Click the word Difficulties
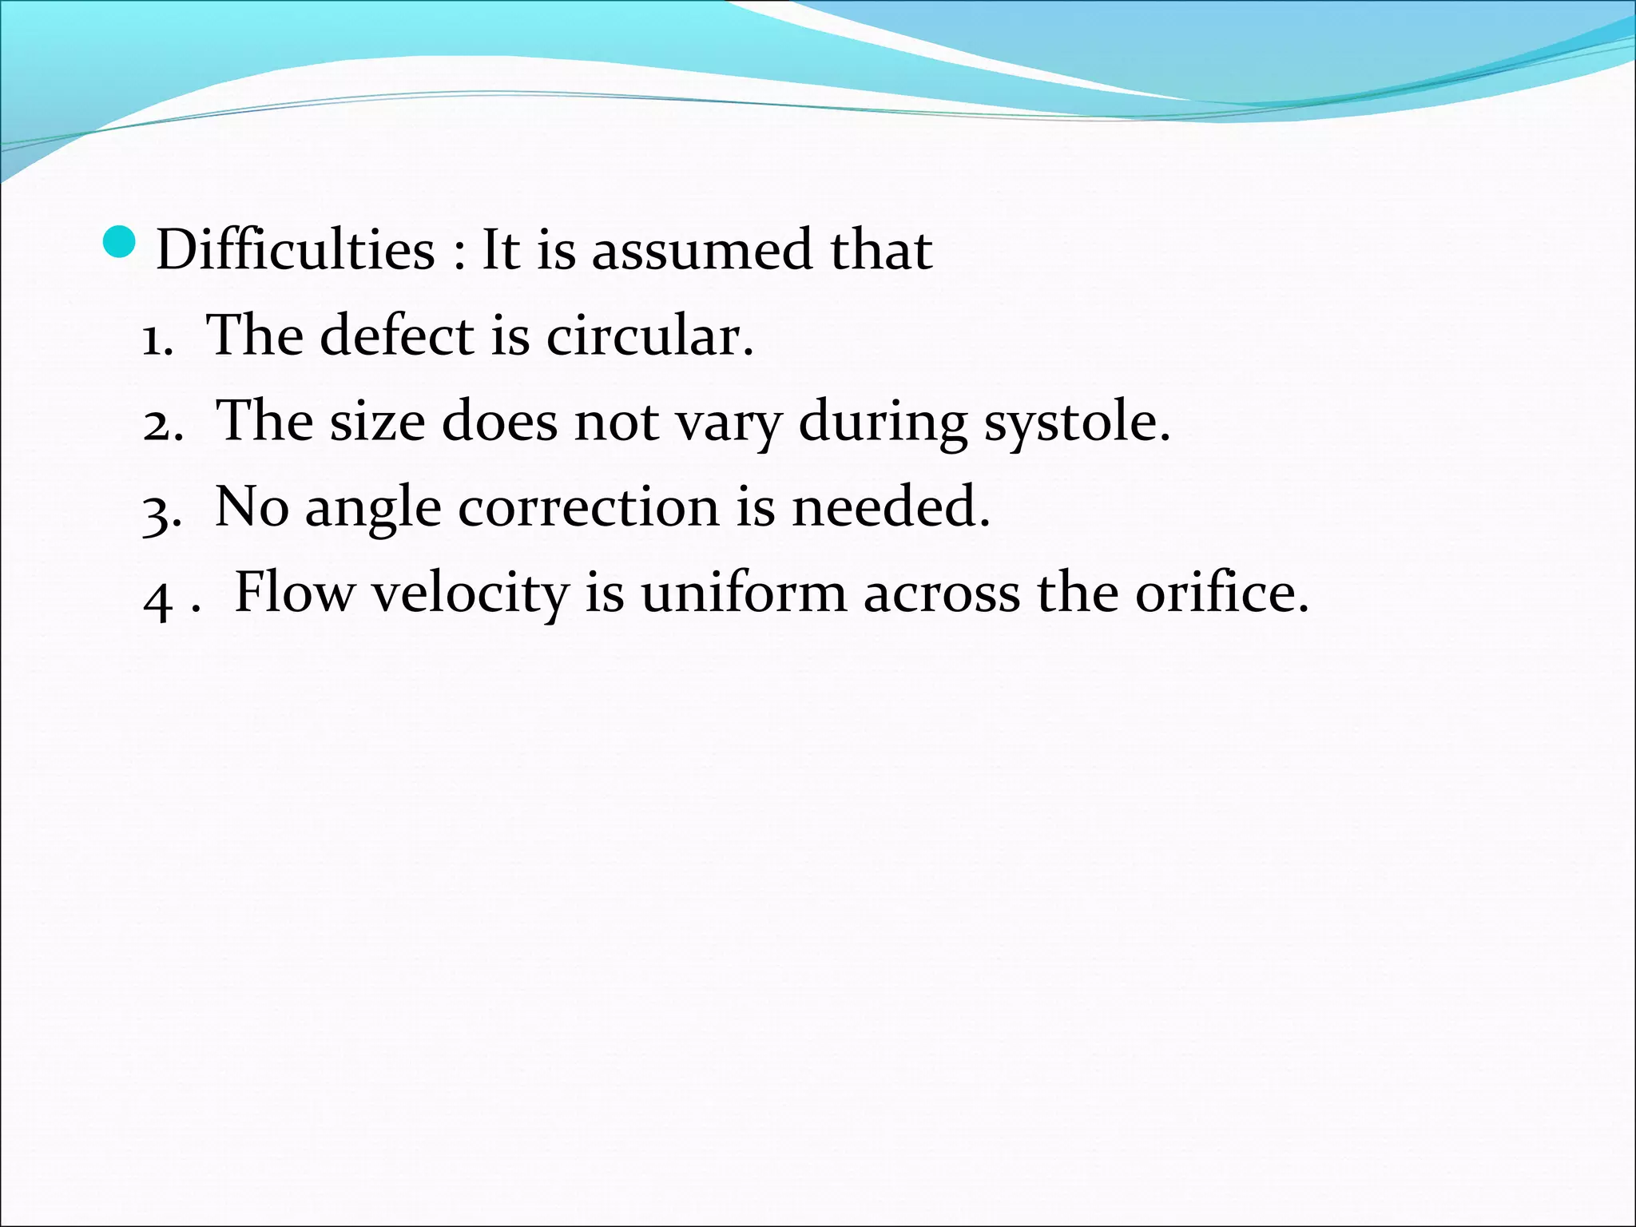coord(296,249)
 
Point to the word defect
coord(397,336)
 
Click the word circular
coord(649,336)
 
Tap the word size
coord(377,421)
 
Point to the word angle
coord(373,510)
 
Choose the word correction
coord(588,506)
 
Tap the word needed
coord(890,506)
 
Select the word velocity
coord(470,594)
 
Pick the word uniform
coord(743,593)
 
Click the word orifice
coord(1221,593)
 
